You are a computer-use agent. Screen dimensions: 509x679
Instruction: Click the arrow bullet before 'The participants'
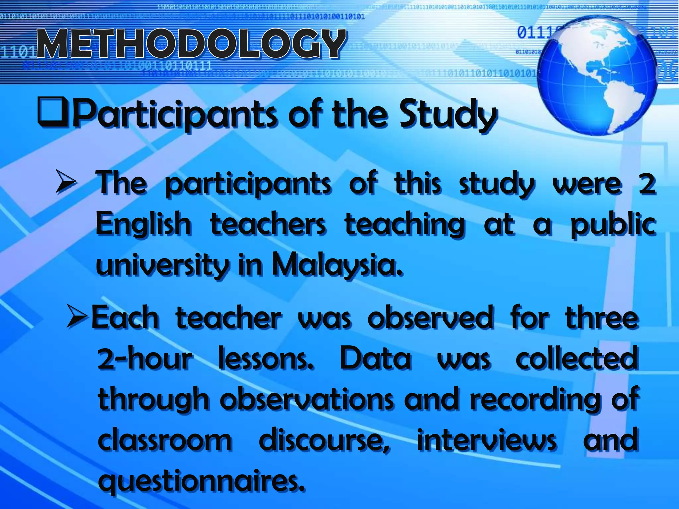(66, 181)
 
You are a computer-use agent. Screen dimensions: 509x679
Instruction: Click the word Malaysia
(337, 265)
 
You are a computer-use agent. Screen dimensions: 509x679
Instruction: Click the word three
(602, 317)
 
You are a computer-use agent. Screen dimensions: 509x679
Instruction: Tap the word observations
(307, 400)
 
